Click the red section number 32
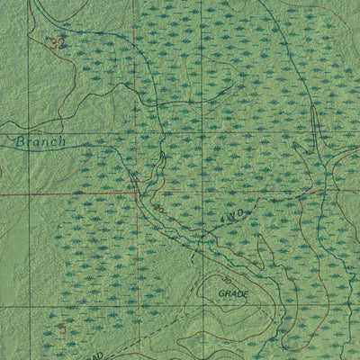coord(59,42)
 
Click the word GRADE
coord(232,293)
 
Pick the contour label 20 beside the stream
coord(158,208)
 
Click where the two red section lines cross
coord(136,193)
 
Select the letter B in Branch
coord(20,142)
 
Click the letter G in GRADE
coord(220,293)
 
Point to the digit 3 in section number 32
coord(55,42)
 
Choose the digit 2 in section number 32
coord(64,42)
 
